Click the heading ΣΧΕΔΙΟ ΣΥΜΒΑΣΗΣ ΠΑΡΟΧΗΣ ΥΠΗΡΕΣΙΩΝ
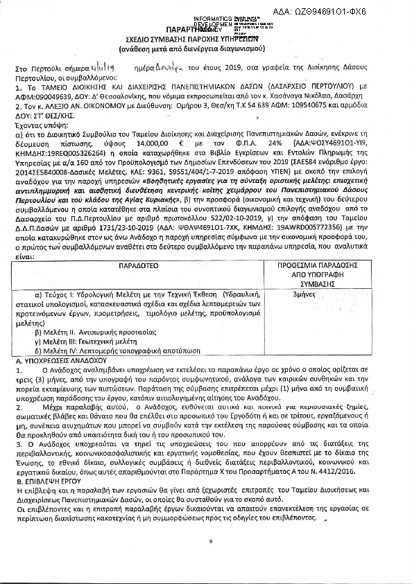(205, 40)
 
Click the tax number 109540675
(341, 108)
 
